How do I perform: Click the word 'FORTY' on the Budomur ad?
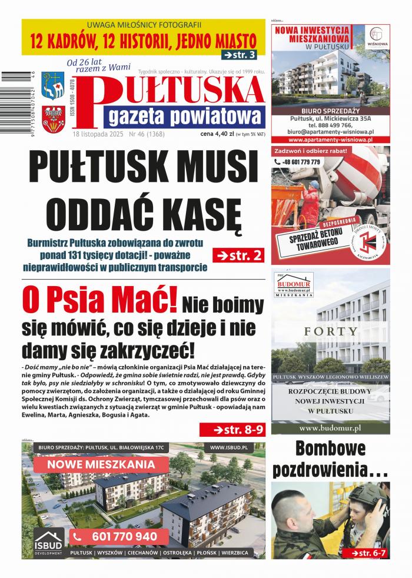point(330,331)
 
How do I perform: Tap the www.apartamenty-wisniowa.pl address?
point(330,140)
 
